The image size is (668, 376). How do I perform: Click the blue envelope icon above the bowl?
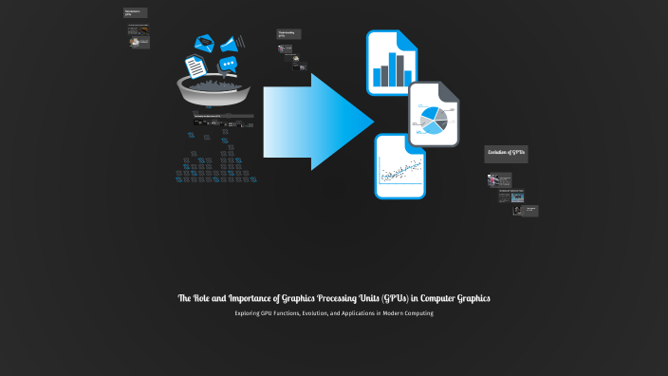coord(203,43)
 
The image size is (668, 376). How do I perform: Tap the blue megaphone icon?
coord(231,43)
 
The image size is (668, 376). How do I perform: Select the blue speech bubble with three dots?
coord(227,65)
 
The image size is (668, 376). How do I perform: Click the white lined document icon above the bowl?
coord(195,67)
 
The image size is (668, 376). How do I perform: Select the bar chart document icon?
coord(392,63)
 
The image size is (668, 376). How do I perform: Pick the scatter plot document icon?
coord(399,167)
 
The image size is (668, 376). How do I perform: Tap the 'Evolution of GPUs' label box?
coord(506,153)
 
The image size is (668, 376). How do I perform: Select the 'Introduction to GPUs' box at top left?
coord(135,13)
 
